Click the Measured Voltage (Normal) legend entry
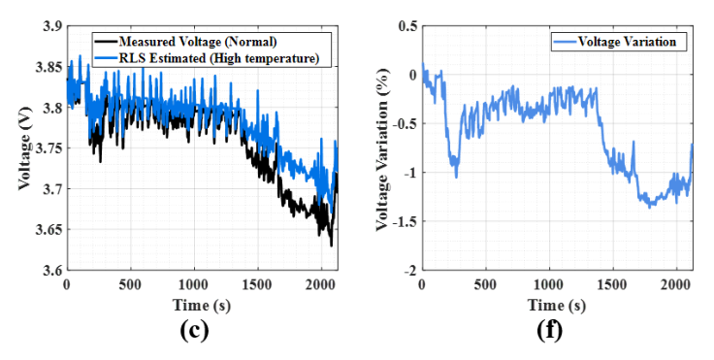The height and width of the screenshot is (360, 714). [x=186, y=42]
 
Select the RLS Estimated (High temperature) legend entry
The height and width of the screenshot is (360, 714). [x=208, y=58]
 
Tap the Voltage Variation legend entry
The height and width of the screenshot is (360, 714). [x=615, y=42]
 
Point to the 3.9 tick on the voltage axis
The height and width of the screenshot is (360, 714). [x=52, y=26]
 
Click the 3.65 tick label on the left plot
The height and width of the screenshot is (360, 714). [x=49, y=229]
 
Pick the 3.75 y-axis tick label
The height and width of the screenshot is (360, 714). [x=49, y=148]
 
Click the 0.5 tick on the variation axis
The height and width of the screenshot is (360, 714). [x=407, y=26]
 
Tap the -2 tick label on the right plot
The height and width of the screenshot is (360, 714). [x=409, y=270]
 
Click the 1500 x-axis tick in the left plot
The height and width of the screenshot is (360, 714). [x=258, y=285]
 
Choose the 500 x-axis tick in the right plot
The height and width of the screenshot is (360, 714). [x=485, y=285]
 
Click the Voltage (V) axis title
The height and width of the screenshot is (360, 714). [x=25, y=148]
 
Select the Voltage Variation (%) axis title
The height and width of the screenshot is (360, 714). [x=382, y=149]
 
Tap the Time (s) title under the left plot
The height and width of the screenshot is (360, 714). [x=202, y=305]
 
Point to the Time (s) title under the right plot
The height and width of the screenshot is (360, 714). [x=557, y=305]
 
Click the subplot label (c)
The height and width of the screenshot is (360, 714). [x=194, y=331]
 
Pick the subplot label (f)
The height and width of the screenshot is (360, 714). [x=550, y=331]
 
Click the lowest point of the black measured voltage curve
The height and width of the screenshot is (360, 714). [x=331, y=246]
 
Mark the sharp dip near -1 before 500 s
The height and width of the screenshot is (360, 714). [x=456, y=177]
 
